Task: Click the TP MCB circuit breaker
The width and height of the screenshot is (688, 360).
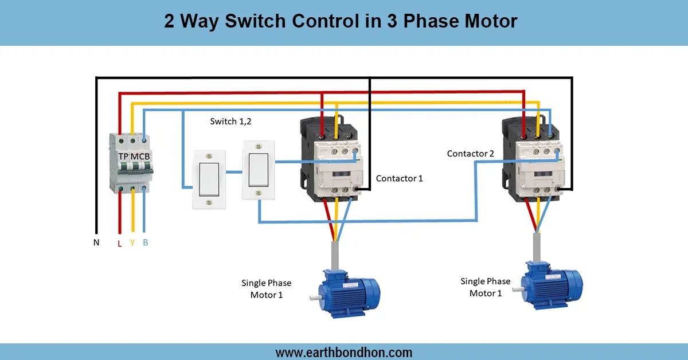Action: tap(132, 163)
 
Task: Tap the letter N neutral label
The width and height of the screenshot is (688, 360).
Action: tap(96, 242)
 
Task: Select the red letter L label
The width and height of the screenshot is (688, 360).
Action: tap(119, 243)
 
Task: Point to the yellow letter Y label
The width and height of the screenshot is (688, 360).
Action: tap(132, 242)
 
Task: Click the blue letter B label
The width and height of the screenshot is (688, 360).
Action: tap(146, 242)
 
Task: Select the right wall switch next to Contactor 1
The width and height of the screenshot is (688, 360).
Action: tap(259, 170)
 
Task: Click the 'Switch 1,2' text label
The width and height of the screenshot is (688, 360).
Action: tap(230, 122)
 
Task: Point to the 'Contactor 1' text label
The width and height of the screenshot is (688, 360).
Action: tap(399, 178)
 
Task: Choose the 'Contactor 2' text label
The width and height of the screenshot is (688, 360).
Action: tap(470, 154)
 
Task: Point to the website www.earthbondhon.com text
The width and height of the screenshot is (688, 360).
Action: tap(344, 352)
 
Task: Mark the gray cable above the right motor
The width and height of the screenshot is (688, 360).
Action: tap(535, 248)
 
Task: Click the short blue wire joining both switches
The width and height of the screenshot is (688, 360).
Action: tap(233, 171)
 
